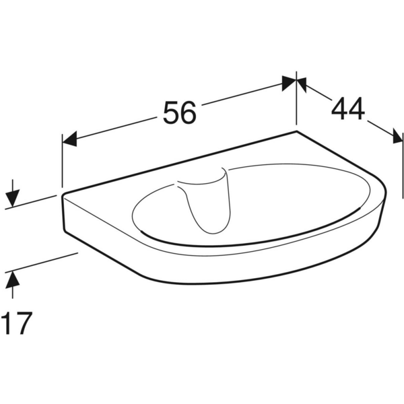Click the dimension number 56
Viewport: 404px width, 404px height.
[x=180, y=113]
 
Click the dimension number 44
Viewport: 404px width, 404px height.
[x=348, y=108]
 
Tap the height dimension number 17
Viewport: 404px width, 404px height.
[x=17, y=323]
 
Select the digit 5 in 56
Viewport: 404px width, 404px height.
[x=171, y=113]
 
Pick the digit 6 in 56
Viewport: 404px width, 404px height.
[x=189, y=113]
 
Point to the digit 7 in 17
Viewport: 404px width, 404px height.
[x=24, y=323]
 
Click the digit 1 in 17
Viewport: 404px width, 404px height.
[x=7, y=323]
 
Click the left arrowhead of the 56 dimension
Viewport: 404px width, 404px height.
[x=69, y=139]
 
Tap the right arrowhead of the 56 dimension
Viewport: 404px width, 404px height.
[x=289, y=83]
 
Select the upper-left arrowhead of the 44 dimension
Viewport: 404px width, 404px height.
[x=302, y=83]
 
